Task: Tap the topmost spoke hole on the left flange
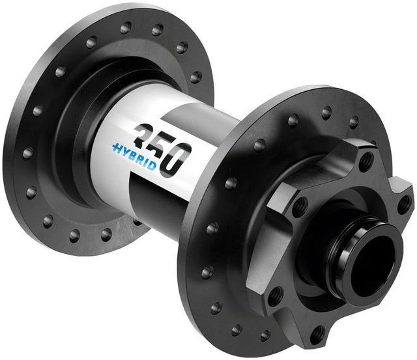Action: (x=126, y=28)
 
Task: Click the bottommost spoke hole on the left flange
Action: (x=106, y=234)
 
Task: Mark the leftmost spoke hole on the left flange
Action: (x=27, y=154)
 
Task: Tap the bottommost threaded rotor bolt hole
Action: (x=317, y=335)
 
